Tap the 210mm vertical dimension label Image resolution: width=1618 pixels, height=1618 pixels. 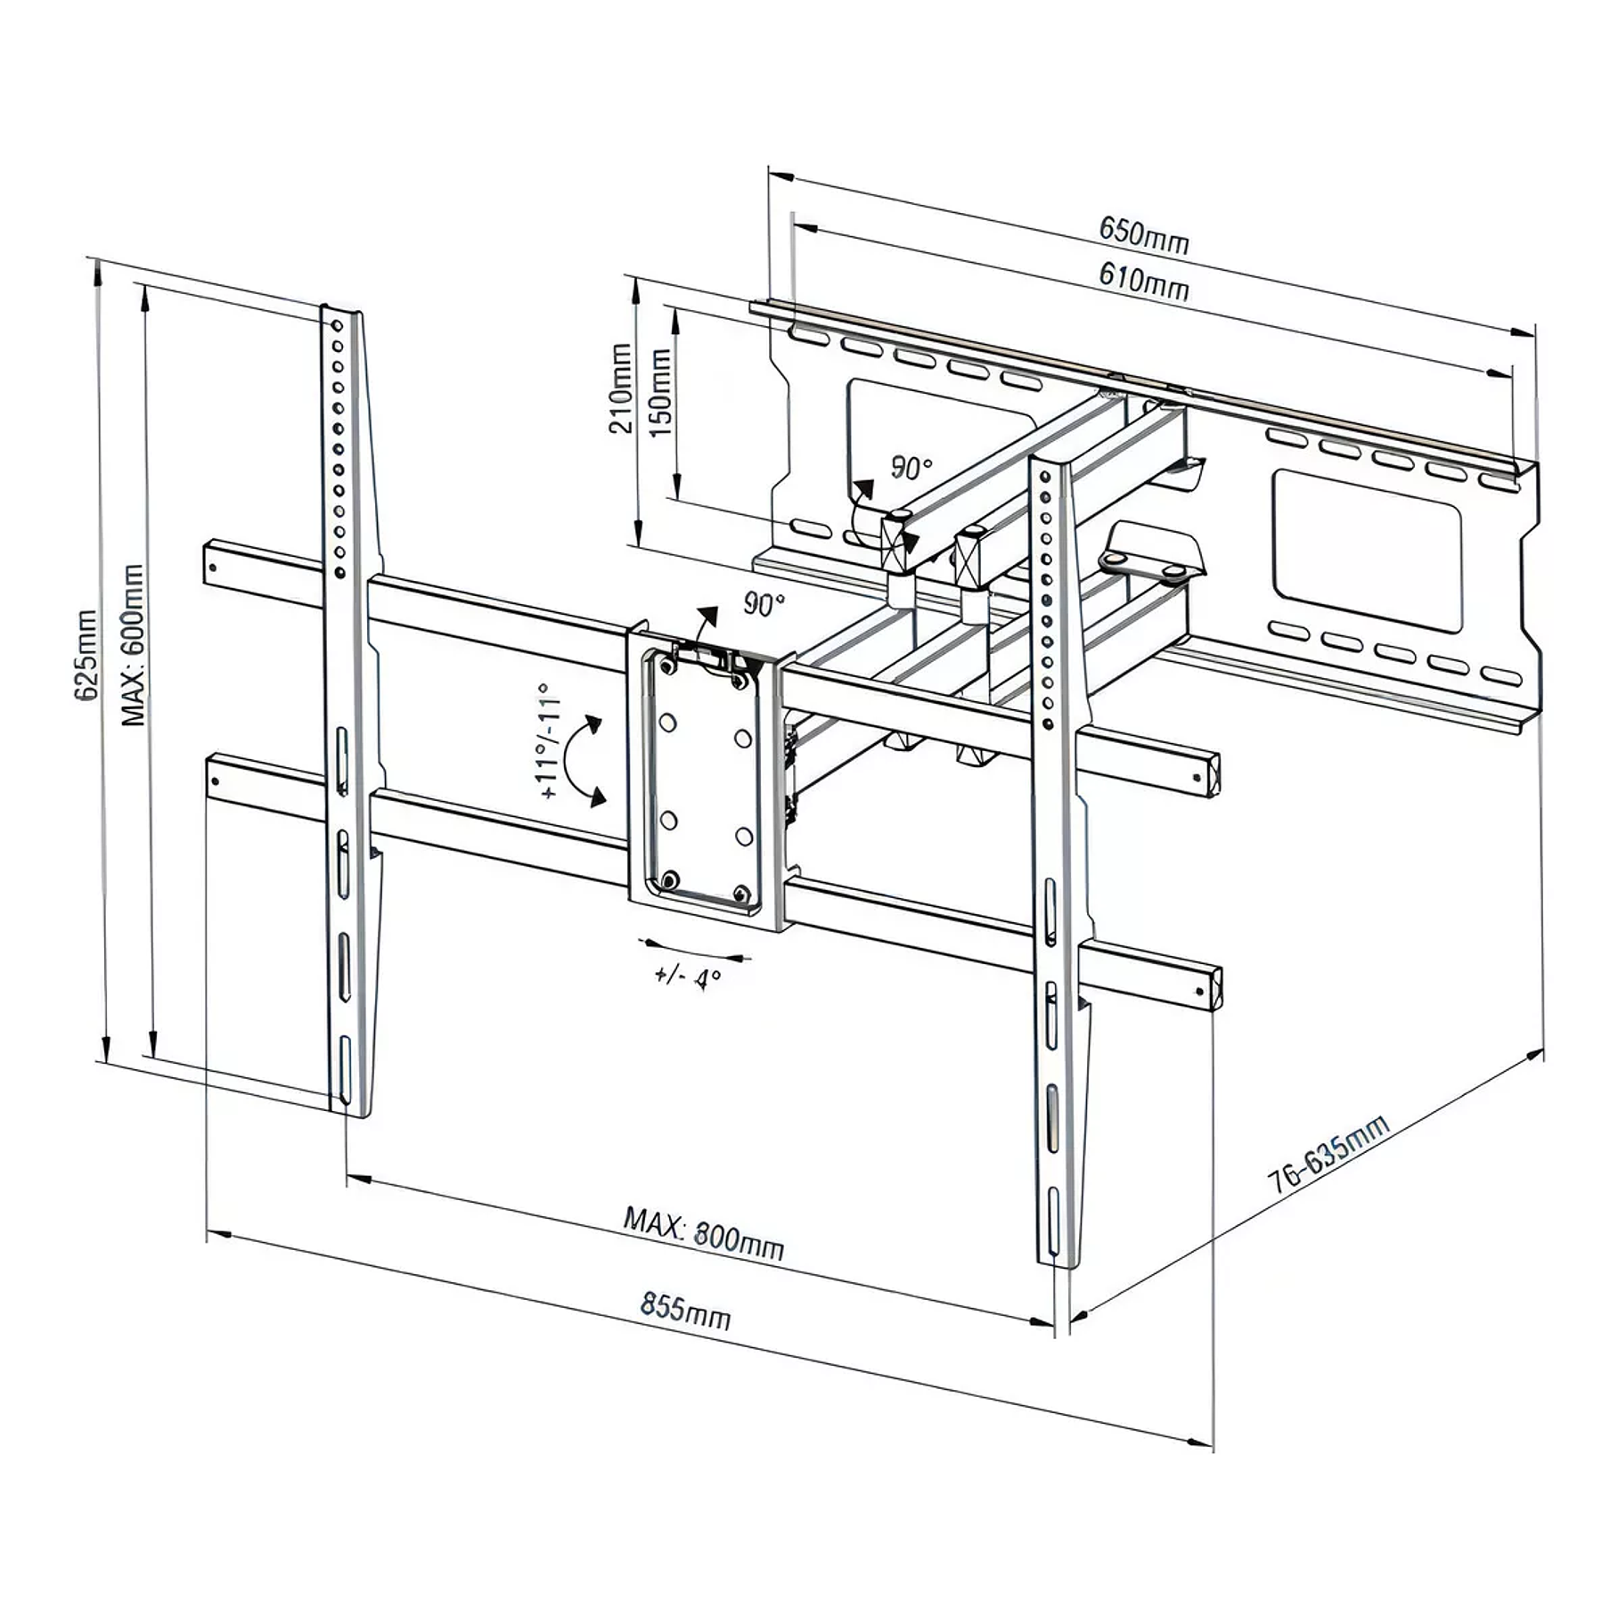point(621,389)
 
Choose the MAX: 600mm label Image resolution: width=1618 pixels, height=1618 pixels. point(133,645)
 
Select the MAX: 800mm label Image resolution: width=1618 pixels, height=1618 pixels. point(703,1234)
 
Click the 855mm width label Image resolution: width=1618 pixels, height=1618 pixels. point(685,1311)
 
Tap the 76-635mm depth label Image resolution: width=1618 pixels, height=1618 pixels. point(1328,1155)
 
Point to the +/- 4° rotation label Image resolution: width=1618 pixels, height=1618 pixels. point(687,978)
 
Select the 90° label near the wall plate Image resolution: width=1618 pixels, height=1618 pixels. point(911,469)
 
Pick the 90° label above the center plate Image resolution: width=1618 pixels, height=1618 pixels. point(764,605)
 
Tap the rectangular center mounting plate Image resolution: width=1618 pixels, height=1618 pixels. point(705,780)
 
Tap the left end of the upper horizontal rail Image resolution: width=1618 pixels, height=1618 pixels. point(216,563)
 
